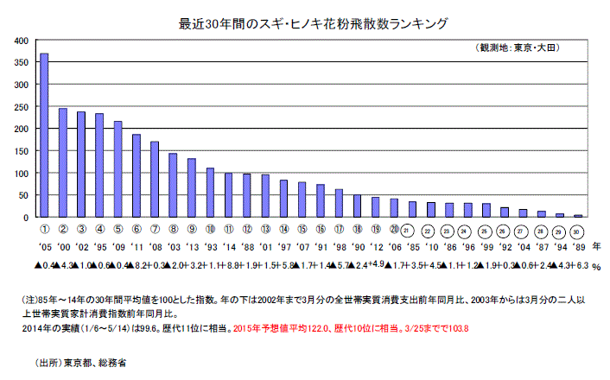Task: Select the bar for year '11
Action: (x=137, y=176)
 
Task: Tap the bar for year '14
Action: (x=228, y=195)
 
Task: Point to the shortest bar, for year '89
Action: (x=578, y=216)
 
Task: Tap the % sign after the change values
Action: (x=596, y=267)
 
